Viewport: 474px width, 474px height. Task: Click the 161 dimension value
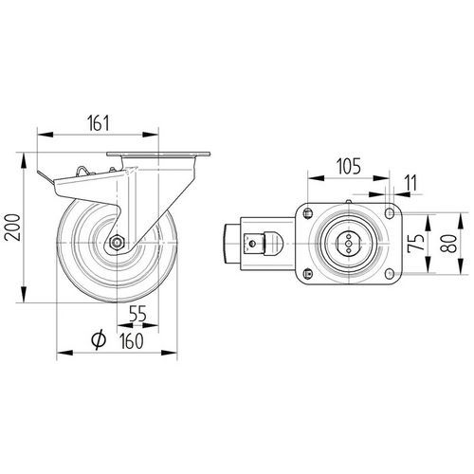click(x=98, y=123)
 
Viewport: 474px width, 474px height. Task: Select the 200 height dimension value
click(x=13, y=228)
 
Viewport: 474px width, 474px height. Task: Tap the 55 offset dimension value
click(x=137, y=314)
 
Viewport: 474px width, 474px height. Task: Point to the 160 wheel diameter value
click(x=132, y=341)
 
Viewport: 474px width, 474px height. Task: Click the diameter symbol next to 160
click(x=99, y=340)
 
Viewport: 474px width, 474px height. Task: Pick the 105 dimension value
click(x=349, y=166)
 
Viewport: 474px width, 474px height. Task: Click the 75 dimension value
click(x=416, y=243)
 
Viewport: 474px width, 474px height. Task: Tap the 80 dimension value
click(x=448, y=243)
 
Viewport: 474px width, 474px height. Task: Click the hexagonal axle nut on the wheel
click(x=118, y=243)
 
